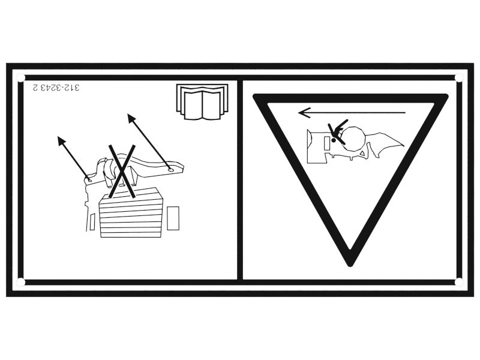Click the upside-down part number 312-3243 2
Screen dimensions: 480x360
(56, 88)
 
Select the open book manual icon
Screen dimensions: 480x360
(202, 101)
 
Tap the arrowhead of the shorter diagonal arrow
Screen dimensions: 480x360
(61, 140)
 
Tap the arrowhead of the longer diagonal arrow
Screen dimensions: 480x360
(131, 118)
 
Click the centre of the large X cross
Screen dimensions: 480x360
(122, 172)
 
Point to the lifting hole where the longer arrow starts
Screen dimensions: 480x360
(170, 169)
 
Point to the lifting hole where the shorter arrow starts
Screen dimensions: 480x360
(89, 181)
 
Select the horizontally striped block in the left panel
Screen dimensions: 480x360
(131, 212)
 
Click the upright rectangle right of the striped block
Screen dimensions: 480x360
(173, 218)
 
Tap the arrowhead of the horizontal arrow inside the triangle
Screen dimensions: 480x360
(303, 113)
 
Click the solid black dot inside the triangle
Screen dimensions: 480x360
(333, 140)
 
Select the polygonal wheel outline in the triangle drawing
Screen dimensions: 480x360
(354, 139)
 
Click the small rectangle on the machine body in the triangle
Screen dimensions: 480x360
(326, 143)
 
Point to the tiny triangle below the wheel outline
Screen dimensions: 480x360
(363, 154)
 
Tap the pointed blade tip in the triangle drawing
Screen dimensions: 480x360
(403, 146)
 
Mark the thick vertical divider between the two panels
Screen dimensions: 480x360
(240, 179)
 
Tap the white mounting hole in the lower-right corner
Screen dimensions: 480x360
(458, 282)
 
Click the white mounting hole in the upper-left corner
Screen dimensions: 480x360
(20, 78)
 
